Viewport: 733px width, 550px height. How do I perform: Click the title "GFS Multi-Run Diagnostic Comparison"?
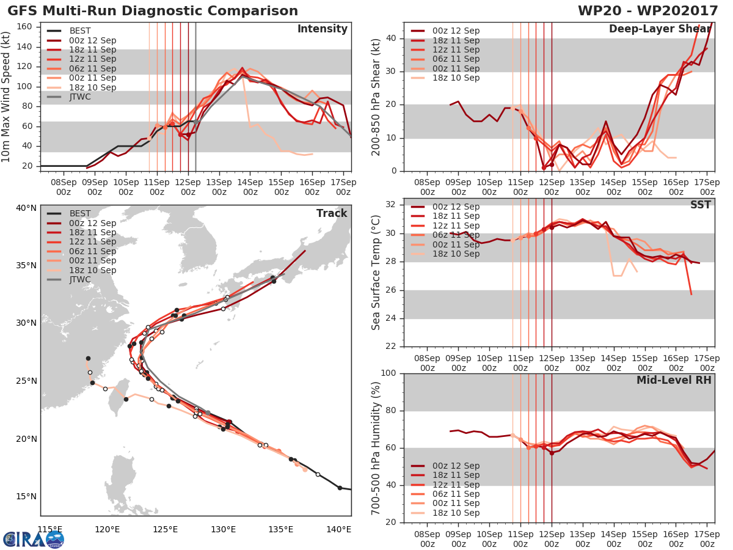coord(153,11)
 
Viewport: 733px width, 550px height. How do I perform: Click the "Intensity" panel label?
coord(322,29)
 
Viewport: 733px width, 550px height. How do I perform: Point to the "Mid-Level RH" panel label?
coord(674,380)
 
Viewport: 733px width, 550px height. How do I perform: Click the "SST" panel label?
coord(701,205)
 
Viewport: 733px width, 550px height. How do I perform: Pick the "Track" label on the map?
coord(332,213)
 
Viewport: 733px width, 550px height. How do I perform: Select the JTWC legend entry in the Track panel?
coord(80,279)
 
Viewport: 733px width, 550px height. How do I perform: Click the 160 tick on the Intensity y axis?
coord(25,27)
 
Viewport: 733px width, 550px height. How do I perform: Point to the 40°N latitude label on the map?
coord(26,208)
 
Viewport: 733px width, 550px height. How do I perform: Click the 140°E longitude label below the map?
coord(339,529)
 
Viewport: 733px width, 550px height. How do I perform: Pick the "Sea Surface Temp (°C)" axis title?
coord(376,272)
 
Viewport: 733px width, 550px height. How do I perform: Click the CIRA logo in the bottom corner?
coord(34,539)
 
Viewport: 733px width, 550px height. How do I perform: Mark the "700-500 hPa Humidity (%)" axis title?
coord(376,448)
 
